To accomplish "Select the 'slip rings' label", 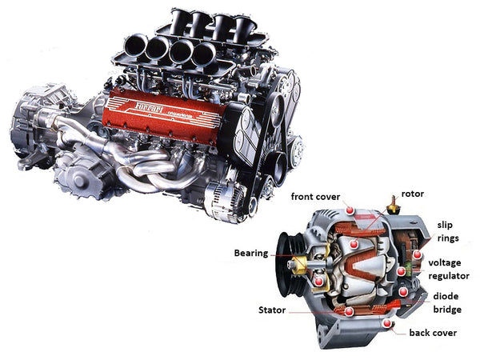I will (x=448, y=231).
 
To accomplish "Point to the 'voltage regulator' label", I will (x=449, y=269).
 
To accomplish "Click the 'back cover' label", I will (x=433, y=332).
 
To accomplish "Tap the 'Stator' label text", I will (x=272, y=310).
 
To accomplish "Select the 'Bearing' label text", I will (x=250, y=253).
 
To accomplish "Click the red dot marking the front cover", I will (x=350, y=210).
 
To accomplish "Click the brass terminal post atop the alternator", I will (x=394, y=204).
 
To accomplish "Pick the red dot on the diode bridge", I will (x=403, y=293).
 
